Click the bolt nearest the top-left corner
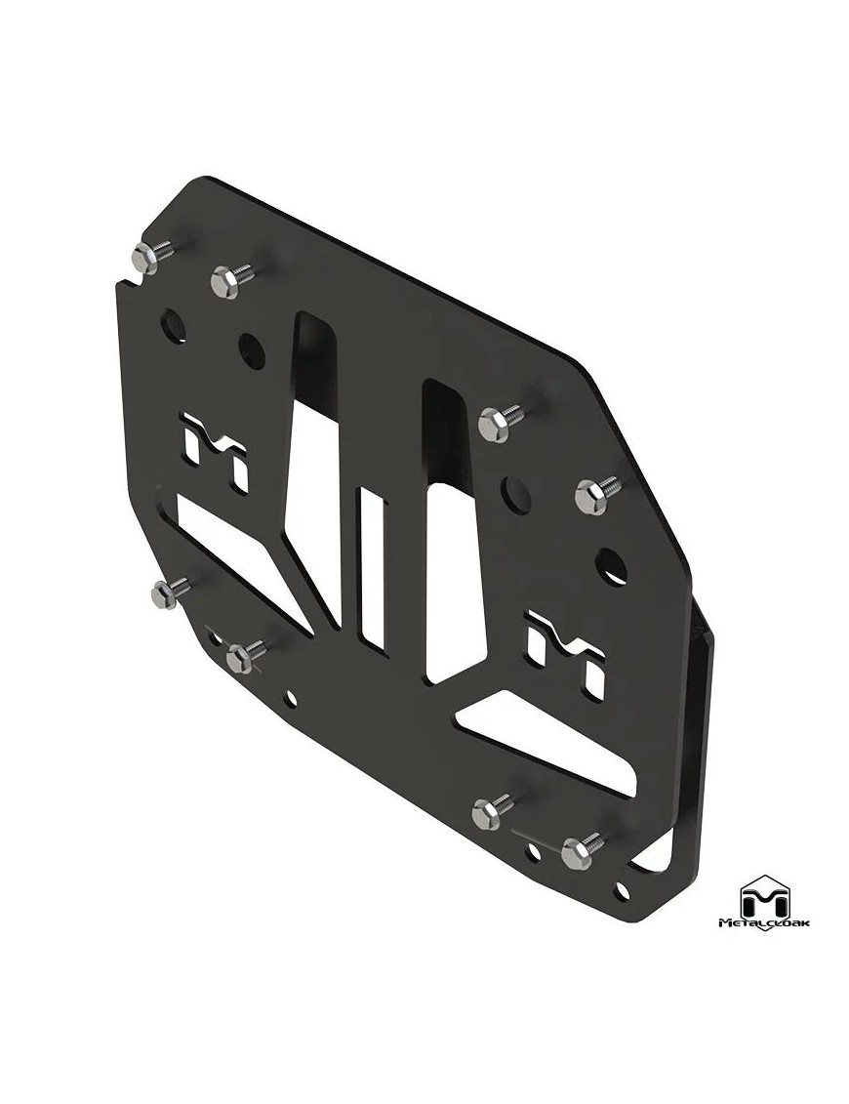(x=144, y=257)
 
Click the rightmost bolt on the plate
(x=591, y=496)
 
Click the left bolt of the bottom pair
(x=489, y=811)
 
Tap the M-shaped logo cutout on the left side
(x=216, y=451)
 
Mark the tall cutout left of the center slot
(x=314, y=469)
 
